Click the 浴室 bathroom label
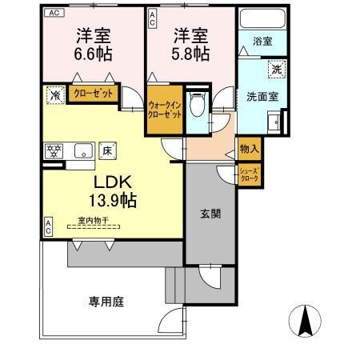[262, 40]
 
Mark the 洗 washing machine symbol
[274, 70]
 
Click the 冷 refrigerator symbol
[54, 95]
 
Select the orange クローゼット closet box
[94, 94]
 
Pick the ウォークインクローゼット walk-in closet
[165, 110]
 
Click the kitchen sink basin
[82, 150]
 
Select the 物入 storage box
[246, 150]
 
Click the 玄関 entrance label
[210, 214]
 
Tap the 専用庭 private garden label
[106, 302]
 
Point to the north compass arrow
[305, 323]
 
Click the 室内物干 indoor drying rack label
[94, 219]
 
